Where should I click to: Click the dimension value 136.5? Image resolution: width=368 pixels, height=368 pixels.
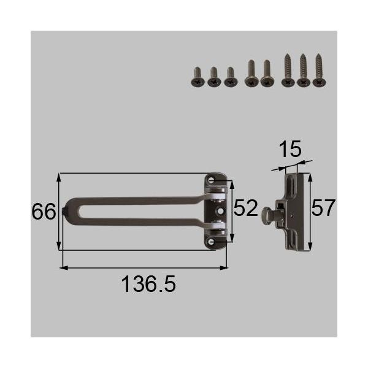tap(148, 284)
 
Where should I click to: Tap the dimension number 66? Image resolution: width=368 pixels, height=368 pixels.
tap(44, 212)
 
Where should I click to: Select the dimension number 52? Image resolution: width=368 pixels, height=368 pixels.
tap(245, 209)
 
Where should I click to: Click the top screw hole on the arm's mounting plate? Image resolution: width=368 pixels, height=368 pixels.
tap(212, 179)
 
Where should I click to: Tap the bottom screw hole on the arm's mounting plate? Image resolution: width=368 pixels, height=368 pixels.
tap(212, 242)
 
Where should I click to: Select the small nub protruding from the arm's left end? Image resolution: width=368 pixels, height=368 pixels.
tap(64, 212)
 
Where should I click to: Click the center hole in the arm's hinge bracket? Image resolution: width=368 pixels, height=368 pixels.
tap(220, 211)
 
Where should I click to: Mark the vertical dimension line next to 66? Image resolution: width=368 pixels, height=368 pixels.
tap(59, 212)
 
